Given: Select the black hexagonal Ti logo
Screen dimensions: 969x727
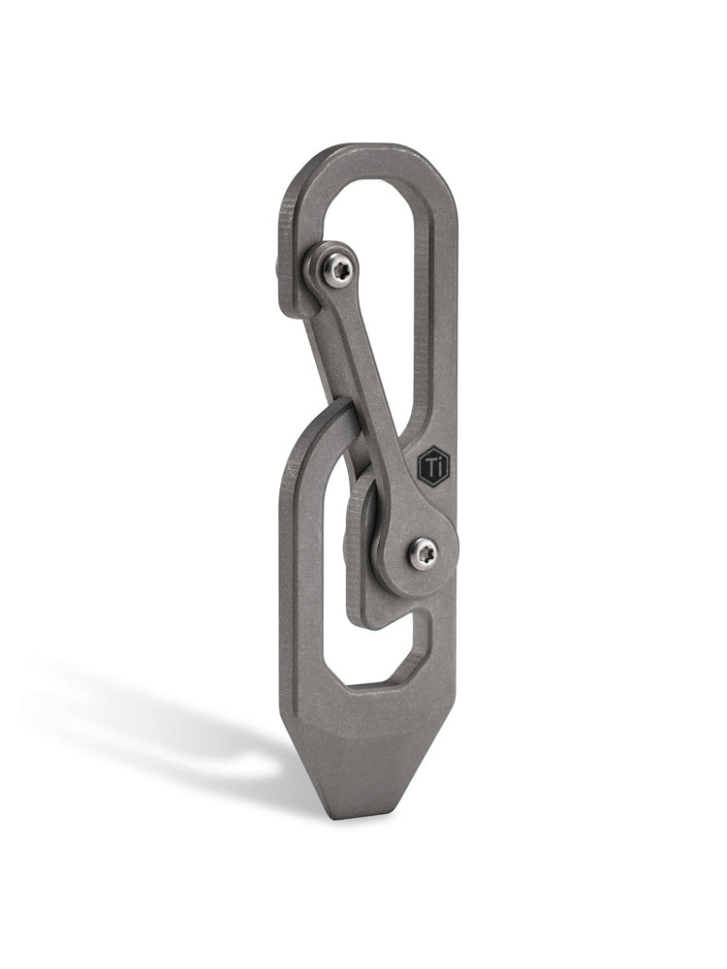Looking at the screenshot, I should pos(433,467).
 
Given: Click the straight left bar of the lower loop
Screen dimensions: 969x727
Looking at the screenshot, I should pos(308,581).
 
